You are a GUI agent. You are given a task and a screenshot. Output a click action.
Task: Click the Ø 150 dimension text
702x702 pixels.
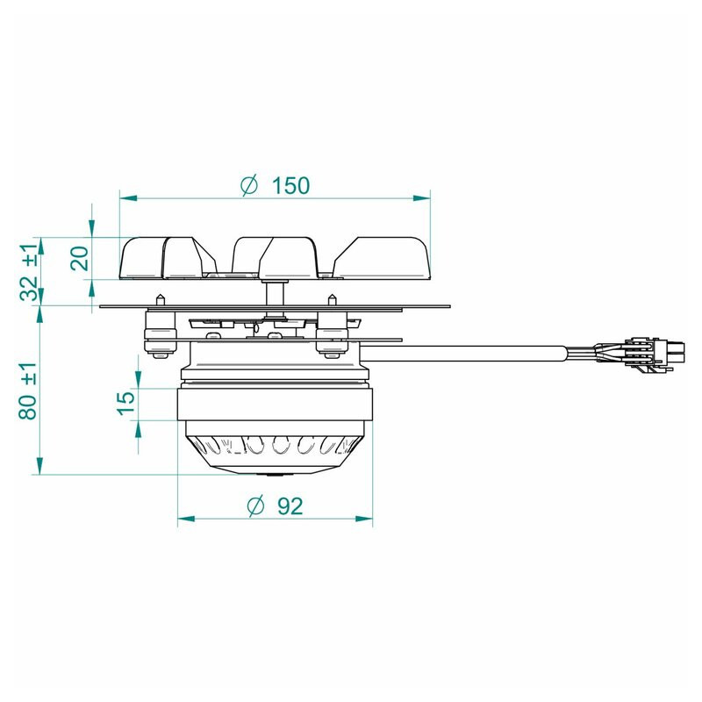click(x=275, y=185)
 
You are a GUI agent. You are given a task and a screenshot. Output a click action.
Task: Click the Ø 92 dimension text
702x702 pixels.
click(x=276, y=506)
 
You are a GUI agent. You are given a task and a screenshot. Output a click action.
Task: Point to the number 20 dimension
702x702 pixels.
click(x=81, y=258)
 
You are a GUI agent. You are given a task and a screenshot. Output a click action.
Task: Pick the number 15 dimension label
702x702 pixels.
click(x=126, y=403)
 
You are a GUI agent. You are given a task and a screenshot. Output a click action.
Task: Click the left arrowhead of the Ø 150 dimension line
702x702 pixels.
click(x=128, y=198)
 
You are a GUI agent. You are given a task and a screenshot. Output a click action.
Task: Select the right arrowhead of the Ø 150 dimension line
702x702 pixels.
click(x=421, y=198)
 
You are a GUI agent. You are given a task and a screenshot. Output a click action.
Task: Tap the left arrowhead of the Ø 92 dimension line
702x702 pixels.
click(x=186, y=519)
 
